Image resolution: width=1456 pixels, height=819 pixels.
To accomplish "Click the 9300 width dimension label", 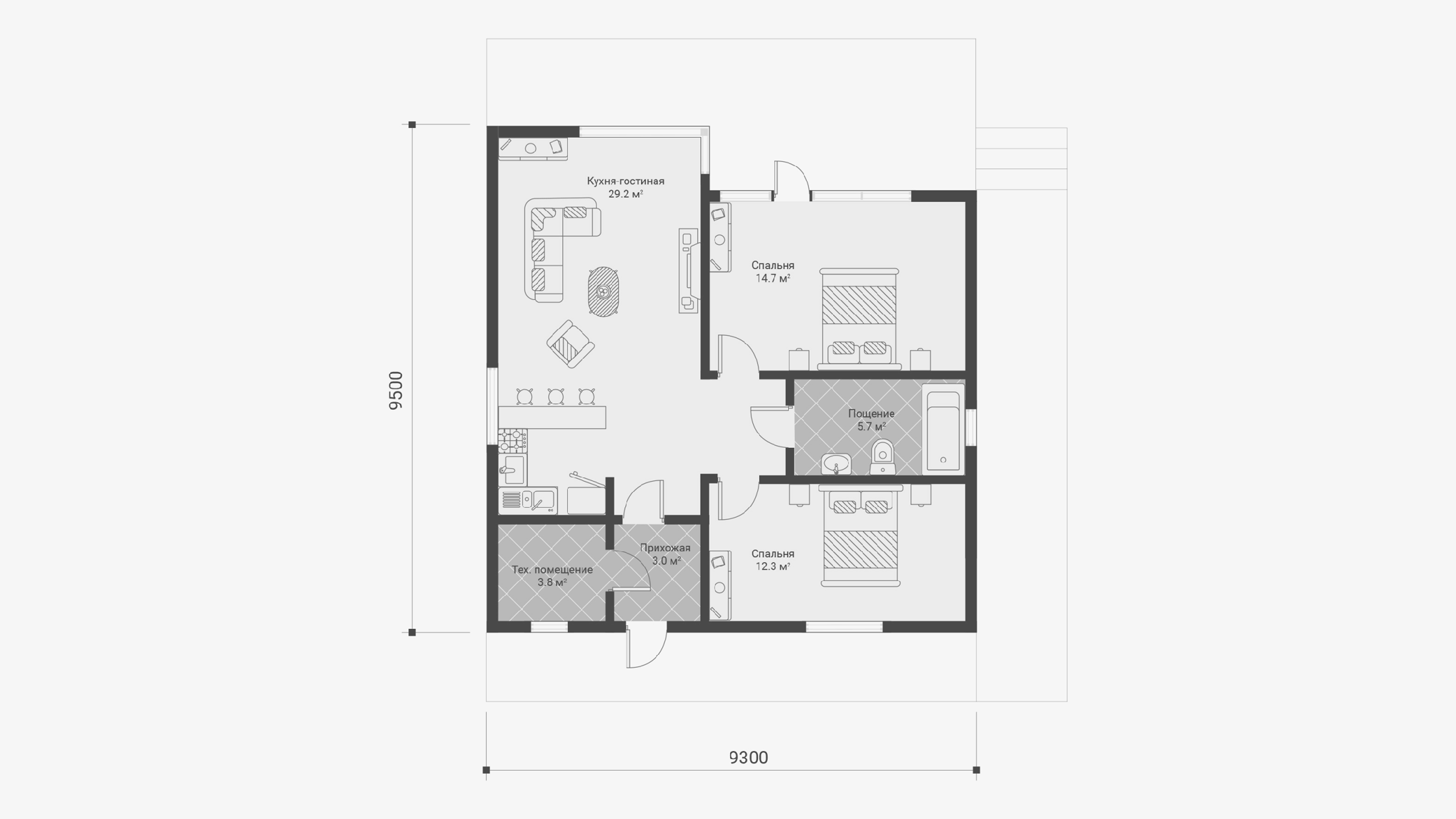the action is (x=748, y=757).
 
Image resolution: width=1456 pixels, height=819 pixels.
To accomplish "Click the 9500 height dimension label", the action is (x=396, y=391).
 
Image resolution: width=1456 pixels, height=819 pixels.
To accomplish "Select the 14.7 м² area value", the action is (x=773, y=278).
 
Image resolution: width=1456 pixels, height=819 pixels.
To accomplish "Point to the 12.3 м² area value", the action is (x=773, y=566).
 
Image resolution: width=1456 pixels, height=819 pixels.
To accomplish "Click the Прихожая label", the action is (x=665, y=548).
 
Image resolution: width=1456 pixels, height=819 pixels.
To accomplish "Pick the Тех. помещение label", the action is (x=552, y=570).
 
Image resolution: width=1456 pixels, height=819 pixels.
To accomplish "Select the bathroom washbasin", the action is (x=836, y=464).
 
